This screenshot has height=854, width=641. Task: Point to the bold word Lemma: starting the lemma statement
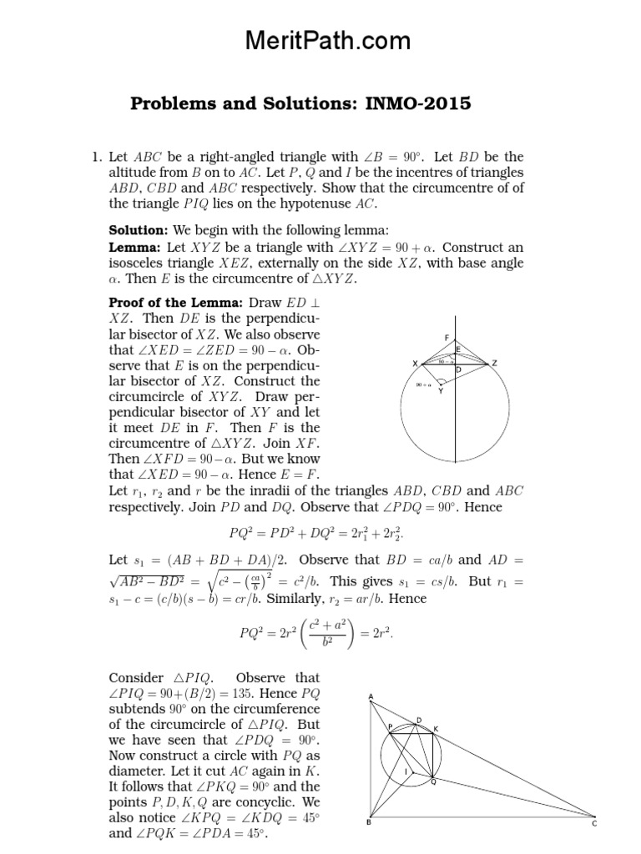coord(135,248)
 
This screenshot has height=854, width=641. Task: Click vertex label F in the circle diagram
coord(447,337)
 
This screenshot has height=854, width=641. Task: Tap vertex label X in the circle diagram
coord(414,364)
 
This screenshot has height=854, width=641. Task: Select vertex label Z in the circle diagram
coord(494,364)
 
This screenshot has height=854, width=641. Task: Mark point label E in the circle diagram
coord(458,349)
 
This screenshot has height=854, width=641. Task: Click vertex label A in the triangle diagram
coord(370,697)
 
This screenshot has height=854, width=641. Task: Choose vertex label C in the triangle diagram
coord(595,824)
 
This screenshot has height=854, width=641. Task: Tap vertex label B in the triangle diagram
coord(370,824)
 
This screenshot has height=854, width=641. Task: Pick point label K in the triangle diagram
coord(435,728)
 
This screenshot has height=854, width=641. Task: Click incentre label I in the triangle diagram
coord(406,771)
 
